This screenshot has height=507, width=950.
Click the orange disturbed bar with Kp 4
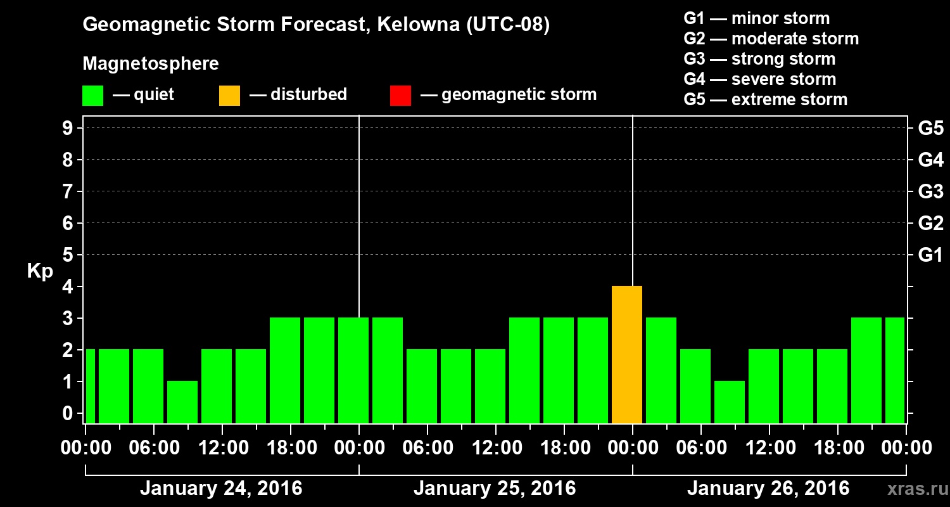click(627, 354)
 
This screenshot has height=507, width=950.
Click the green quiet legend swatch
click(92, 95)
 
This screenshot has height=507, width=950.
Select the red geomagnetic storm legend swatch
click(400, 95)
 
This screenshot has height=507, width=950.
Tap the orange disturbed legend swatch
click(229, 95)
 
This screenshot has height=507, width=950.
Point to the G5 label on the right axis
click(930, 129)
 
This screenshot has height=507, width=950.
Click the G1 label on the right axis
click(930, 255)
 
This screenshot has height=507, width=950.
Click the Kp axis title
click(40, 271)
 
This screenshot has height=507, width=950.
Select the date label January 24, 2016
click(221, 489)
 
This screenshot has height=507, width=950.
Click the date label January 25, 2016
click(495, 489)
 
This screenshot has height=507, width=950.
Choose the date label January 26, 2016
click(768, 489)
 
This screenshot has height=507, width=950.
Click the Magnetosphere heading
click(151, 64)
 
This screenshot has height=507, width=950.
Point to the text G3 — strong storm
click(759, 59)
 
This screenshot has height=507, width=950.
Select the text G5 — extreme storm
click(765, 99)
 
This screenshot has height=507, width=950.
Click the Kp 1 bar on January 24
click(182, 402)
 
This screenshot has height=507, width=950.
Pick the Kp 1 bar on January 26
click(730, 402)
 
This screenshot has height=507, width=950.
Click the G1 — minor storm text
click(756, 18)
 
